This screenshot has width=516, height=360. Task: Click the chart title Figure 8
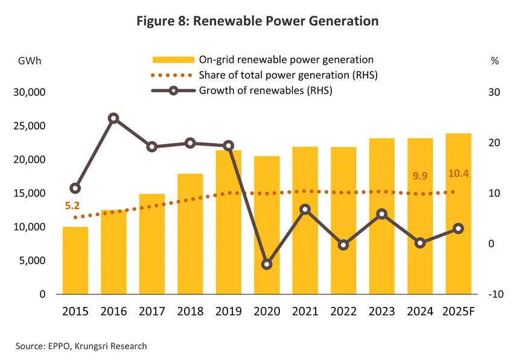coord(257,21)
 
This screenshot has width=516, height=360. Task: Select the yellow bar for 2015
coord(75,261)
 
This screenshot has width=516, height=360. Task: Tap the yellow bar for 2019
coord(229,223)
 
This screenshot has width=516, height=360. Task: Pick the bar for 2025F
coord(458,214)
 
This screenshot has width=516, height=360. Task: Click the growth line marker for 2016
coord(113,118)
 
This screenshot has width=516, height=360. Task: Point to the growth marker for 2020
coord(267,265)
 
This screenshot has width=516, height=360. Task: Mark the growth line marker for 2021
coord(305,209)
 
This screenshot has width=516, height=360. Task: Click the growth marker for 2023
coord(381,214)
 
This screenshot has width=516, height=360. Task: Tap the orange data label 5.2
coord(72,206)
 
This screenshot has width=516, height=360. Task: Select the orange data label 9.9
coord(420,176)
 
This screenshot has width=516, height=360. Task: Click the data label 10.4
coord(459,174)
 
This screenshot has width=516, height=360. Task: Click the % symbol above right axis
coord(494,60)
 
